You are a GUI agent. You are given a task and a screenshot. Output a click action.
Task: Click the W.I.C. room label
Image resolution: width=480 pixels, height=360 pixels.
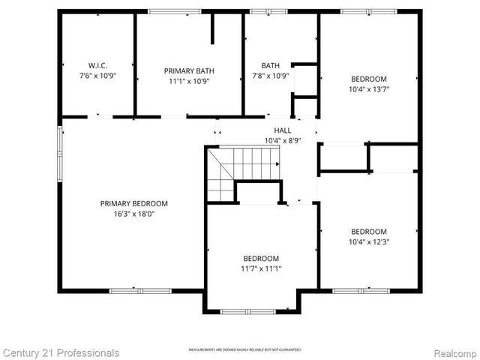coord(97,65)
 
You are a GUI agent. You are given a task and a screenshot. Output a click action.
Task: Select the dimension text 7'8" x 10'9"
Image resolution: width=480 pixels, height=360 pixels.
coord(269,76)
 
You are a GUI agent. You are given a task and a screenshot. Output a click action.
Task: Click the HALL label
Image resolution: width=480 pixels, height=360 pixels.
coord(282,130)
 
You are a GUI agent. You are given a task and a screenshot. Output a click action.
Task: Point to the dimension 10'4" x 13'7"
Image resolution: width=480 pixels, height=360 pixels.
coord(369,88)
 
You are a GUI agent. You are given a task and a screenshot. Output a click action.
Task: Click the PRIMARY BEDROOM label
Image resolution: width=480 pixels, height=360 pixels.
coord(134,203)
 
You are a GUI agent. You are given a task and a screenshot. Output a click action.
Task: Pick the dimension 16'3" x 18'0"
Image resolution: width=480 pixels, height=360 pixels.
coord(134,213)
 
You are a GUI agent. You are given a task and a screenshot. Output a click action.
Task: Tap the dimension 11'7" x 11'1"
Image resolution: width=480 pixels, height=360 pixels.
coord(261,268)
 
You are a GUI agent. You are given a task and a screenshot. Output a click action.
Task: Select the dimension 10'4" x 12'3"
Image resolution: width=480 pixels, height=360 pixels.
coord(369,241)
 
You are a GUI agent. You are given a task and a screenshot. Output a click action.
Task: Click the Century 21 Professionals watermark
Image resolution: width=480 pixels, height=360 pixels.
coord(60,352)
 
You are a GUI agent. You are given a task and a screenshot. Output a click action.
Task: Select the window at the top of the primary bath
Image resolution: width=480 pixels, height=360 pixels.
coord(169,11)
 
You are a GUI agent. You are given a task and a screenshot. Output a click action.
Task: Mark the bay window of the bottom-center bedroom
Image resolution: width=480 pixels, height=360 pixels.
coord(252,311)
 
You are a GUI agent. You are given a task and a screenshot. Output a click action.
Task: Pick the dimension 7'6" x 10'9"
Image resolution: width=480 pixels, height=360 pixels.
coord(97,76)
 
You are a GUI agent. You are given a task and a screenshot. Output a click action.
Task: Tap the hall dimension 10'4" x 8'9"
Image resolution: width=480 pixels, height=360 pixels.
coord(282,140)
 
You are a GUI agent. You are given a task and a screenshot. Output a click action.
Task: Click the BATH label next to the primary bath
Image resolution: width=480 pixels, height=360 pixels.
coord(270,65)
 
